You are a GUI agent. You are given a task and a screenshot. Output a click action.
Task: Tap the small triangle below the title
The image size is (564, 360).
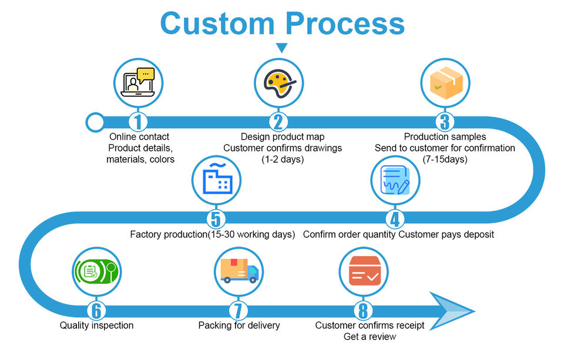282,48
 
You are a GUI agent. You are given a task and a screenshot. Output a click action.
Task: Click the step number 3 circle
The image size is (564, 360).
445,122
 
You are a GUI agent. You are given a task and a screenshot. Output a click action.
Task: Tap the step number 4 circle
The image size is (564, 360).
395,219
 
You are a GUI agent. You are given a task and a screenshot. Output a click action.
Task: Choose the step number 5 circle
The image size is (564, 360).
215,219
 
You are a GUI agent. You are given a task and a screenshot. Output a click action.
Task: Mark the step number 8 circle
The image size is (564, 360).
362,310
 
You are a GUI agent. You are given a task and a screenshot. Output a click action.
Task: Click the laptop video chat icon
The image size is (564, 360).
137,82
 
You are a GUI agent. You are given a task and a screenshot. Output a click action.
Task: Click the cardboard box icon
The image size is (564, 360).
445,82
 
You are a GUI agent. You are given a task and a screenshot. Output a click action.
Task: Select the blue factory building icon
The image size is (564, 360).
216,179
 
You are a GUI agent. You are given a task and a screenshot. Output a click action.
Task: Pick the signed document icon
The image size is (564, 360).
395,179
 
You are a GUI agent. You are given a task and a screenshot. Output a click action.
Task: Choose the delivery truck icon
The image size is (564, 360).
239,271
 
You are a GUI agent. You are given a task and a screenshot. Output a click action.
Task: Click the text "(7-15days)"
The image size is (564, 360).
445,159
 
